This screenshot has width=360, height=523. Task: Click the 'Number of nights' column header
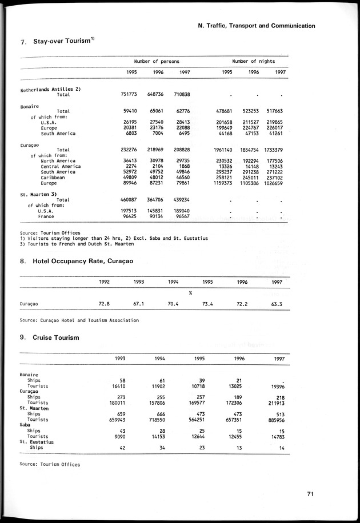point(253,61)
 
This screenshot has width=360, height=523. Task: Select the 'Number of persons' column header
point(157,61)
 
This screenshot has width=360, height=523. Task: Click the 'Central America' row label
point(61,166)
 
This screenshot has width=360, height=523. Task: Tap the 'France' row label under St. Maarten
point(46,217)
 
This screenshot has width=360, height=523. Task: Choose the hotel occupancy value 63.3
point(276,304)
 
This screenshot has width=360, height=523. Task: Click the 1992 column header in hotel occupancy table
point(104,281)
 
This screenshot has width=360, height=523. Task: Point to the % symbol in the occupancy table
point(190,293)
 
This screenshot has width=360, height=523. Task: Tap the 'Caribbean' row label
point(54,178)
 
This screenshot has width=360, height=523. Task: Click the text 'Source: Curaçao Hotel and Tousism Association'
point(79,320)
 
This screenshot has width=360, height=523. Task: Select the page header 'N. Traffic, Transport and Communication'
point(256,26)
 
